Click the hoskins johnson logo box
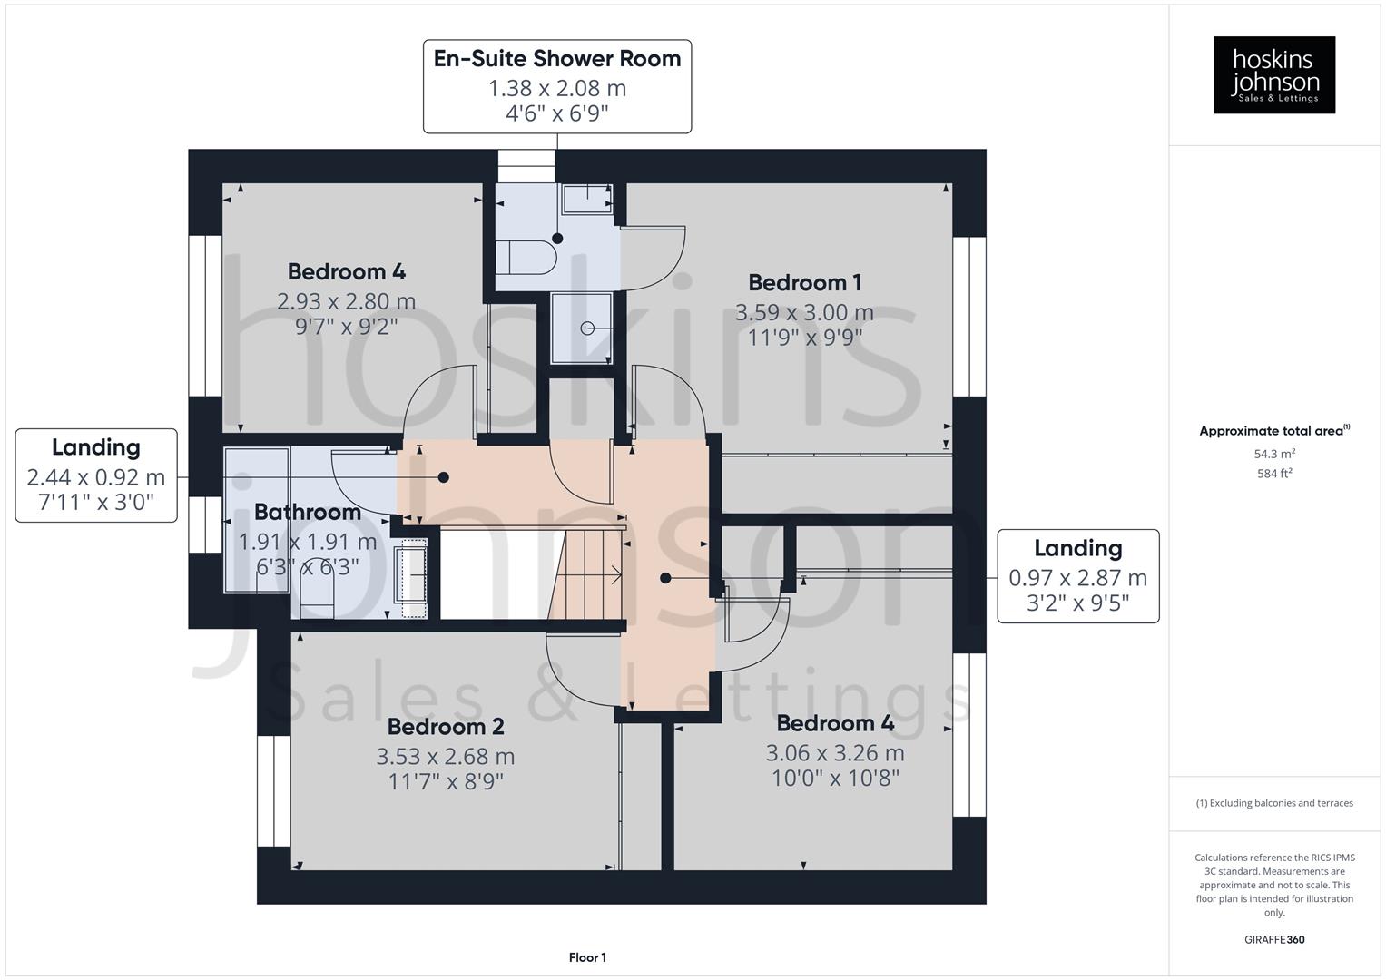(x=1273, y=74)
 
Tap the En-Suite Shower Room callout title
(x=556, y=59)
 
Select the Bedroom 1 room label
(x=804, y=283)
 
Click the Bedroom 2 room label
(x=445, y=727)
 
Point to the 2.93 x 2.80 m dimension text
(x=346, y=301)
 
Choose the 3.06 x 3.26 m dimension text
(x=834, y=753)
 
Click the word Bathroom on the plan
(x=307, y=513)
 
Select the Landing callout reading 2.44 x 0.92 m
(x=96, y=475)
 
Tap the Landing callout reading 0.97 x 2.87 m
(x=1077, y=576)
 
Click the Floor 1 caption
(x=587, y=957)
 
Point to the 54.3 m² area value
(x=1273, y=454)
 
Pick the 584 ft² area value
(x=1273, y=474)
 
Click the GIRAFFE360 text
(x=1273, y=939)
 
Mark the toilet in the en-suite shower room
(x=526, y=257)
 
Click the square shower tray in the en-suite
(x=581, y=328)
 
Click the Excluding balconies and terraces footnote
(x=1273, y=803)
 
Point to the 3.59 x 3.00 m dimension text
(x=804, y=313)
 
